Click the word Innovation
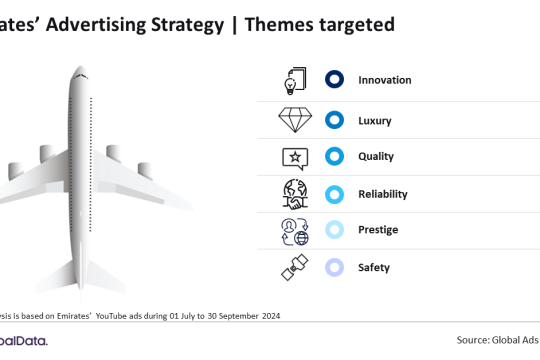point(385,80)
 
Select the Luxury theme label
point(377,121)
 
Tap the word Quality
point(377,156)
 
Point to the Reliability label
point(383,193)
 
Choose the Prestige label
point(379,230)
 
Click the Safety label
point(374,267)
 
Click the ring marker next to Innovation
point(335,80)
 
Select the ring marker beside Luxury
point(335,121)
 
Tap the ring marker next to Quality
point(335,156)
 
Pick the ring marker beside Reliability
point(335,193)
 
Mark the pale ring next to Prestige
point(335,230)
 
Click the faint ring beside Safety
point(335,267)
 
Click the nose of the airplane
point(81,72)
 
